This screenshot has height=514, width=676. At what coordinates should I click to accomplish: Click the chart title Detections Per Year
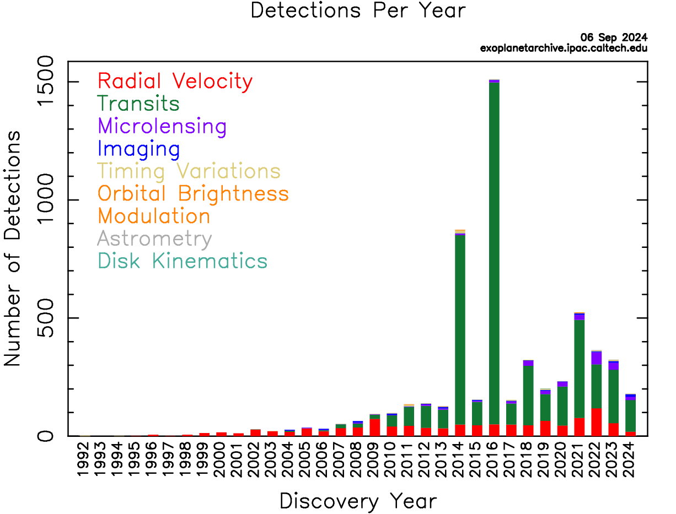click(358, 10)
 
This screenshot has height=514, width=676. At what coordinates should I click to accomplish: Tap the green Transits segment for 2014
click(460, 331)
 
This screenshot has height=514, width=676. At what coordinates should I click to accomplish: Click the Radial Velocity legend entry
click(175, 82)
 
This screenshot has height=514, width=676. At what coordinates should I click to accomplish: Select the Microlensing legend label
click(162, 126)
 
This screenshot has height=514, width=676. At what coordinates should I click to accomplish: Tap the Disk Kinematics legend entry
click(182, 261)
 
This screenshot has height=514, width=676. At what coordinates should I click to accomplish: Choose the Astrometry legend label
click(154, 239)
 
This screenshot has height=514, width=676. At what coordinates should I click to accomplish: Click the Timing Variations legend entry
click(189, 171)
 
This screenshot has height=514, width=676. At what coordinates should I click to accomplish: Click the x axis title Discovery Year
click(358, 501)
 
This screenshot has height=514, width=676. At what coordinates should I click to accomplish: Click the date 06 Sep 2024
click(614, 38)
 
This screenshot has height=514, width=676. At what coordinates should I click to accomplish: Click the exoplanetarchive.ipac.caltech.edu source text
click(564, 48)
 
